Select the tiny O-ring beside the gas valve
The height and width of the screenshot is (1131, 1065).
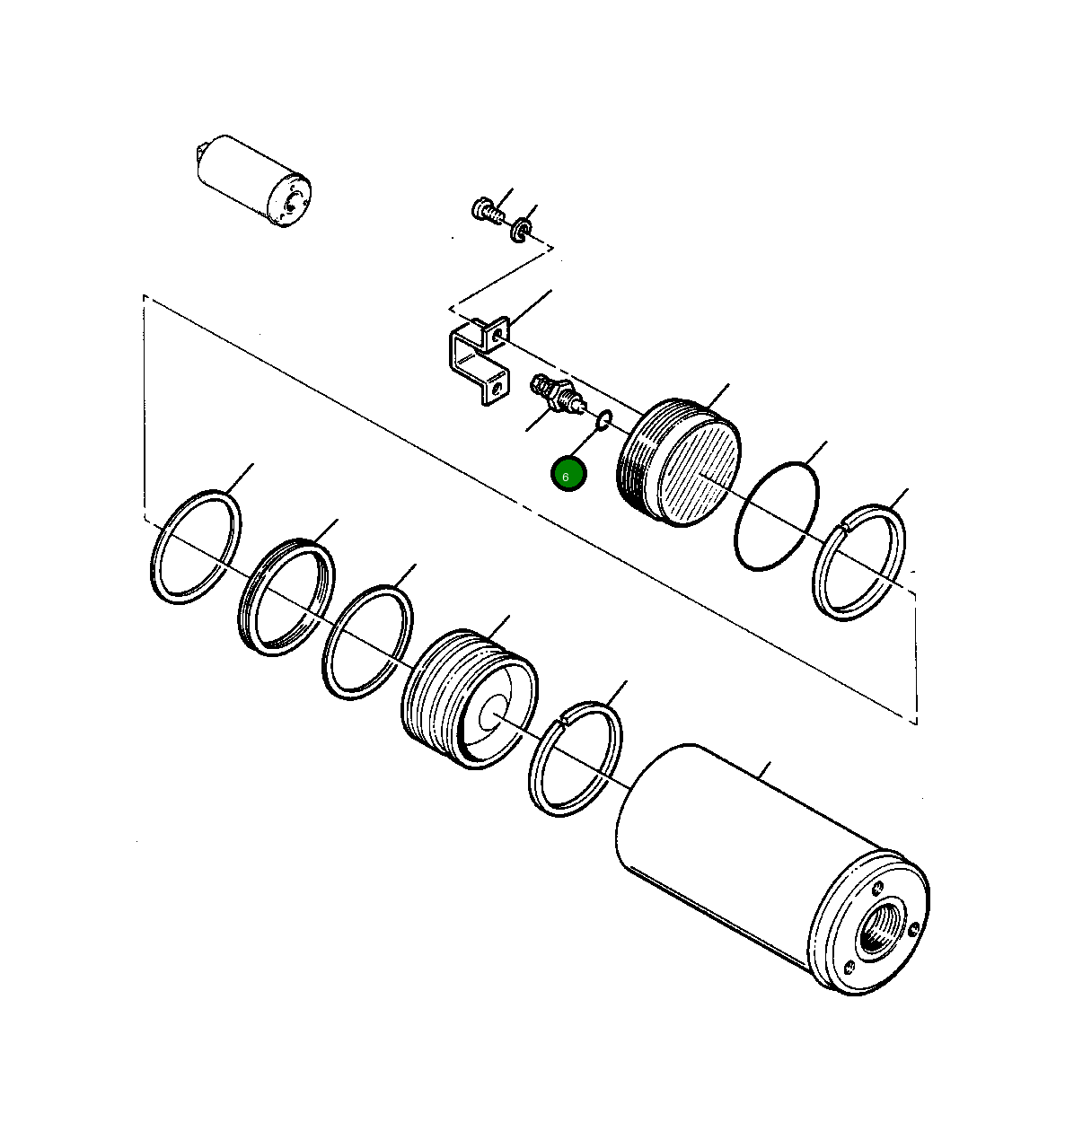[x=605, y=417]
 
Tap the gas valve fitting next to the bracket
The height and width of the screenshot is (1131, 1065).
[x=555, y=395]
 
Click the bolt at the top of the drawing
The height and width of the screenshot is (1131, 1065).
[x=484, y=211]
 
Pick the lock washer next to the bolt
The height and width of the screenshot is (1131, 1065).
[x=521, y=232]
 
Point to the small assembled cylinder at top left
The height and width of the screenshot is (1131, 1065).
[x=254, y=183]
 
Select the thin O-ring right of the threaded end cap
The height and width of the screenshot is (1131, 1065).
[x=777, y=516]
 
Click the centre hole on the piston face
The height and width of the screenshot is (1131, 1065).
[x=490, y=716]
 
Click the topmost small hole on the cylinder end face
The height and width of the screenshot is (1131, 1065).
[x=877, y=890]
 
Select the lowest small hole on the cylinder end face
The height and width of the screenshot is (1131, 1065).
[x=847, y=967]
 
